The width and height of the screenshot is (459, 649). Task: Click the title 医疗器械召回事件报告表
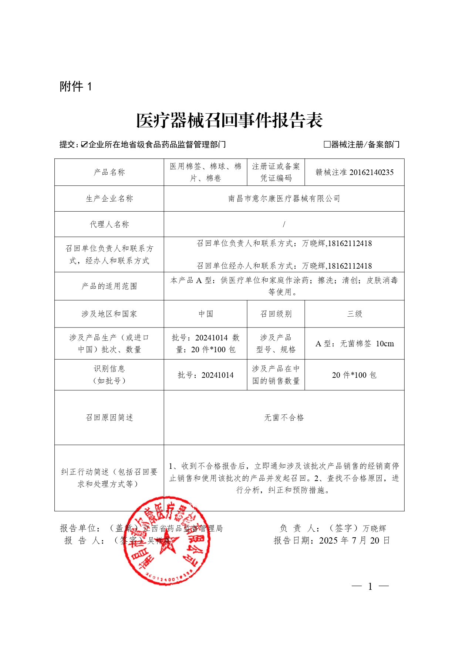(x=229, y=121)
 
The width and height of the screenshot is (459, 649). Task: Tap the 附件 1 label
(x=76, y=87)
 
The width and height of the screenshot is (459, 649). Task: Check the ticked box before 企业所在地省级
(x=84, y=144)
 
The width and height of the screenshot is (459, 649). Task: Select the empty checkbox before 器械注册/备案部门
(x=327, y=144)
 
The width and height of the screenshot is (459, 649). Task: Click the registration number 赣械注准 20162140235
(x=354, y=172)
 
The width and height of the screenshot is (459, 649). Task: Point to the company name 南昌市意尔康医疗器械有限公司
(x=284, y=199)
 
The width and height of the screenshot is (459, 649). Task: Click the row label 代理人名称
(x=109, y=224)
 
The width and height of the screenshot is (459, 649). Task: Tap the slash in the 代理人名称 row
(x=284, y=224)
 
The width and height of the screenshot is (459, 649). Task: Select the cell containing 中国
(x=206, y=314)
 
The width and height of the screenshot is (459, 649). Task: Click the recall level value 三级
(x=354, y=314)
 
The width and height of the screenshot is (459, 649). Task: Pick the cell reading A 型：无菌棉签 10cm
(x=354, y=343)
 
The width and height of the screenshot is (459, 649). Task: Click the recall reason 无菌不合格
(x=284, y=417)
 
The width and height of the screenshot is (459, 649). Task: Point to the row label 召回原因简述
(x=109, y=417)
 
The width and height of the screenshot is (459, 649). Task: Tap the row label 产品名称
(x=109, y=172)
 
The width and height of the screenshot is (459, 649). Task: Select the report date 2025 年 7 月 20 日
(x=354, y=541)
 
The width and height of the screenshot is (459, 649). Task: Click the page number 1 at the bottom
(x=370, y=586)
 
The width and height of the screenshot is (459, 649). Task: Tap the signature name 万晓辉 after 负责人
(x=374, y=528)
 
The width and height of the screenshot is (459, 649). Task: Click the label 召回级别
(x=276, y=314)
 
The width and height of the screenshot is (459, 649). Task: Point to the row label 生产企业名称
(x=109, y=199)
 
